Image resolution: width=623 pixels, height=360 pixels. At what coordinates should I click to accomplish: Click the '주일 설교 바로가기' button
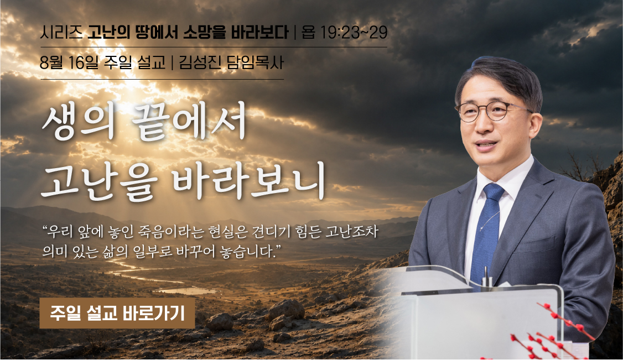tap(117, 313)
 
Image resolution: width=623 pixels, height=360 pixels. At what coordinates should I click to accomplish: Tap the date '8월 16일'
tap(69, 62)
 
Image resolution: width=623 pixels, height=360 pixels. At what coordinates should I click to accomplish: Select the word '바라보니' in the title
tap(249, 181)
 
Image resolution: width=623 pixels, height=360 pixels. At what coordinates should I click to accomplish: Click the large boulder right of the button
tap(286, 310)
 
